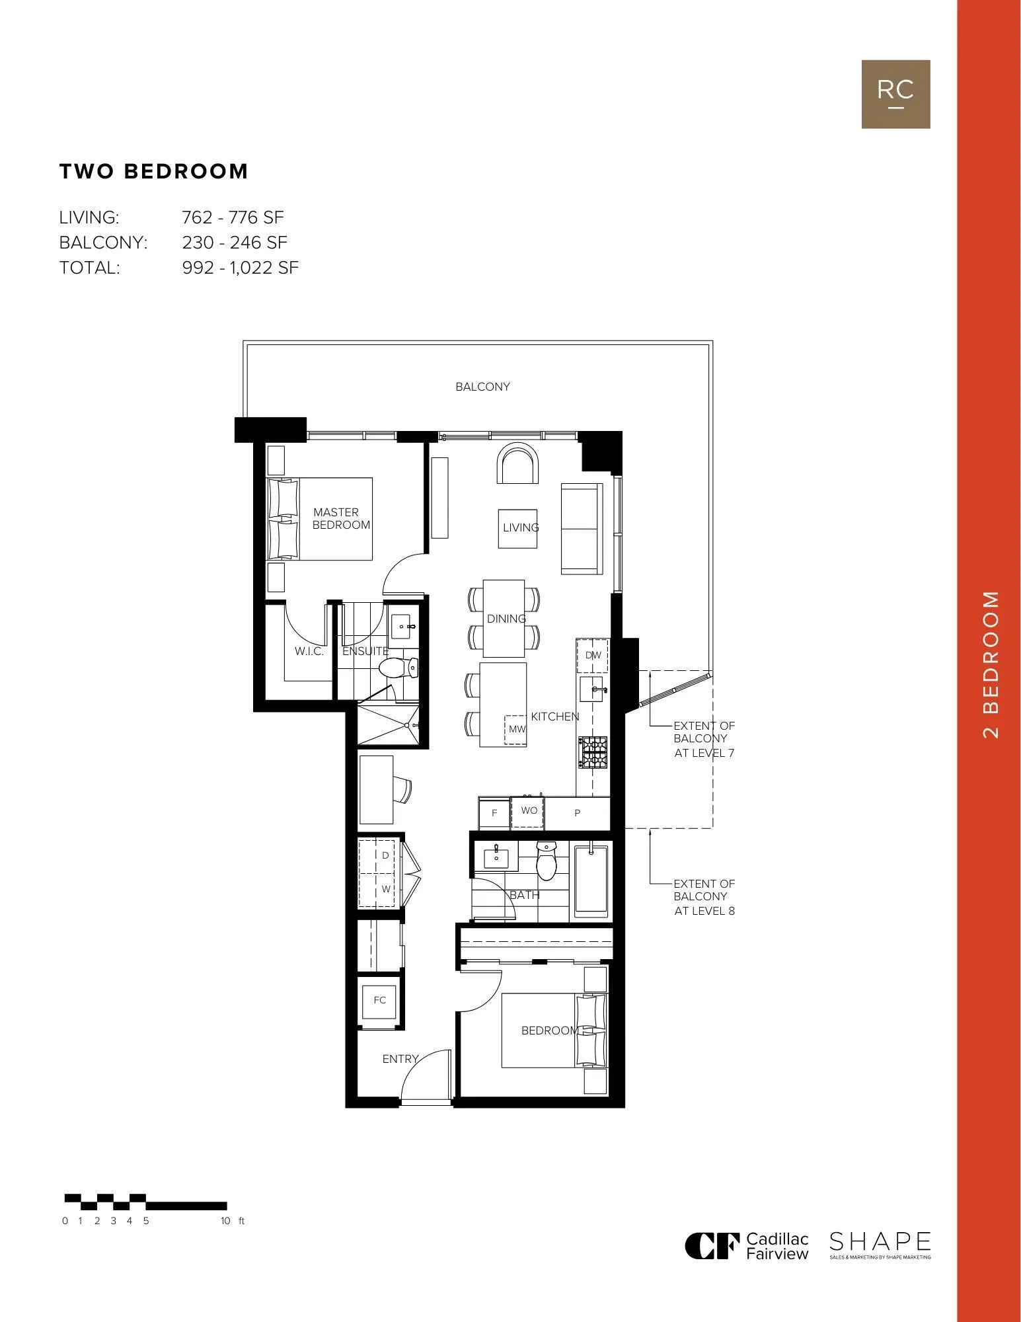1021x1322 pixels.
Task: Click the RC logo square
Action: pyautogui.click(x=895, y=94)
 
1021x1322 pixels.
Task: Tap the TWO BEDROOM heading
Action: pyautogui.click(x=154, y=171)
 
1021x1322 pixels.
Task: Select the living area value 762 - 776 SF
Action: pyautogui.click(x=233, y=217)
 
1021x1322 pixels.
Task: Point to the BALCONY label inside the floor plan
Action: pyautogui.click(x=482, y=387)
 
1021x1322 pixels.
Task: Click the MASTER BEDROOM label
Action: pyautogui.click(x=341, y=518)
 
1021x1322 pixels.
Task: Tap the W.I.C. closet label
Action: pyautogui.click(x=309, y=651)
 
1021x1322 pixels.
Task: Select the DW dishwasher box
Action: pyautogui.click(x=593, y=656)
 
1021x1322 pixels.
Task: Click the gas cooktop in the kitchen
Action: pyautogui.click(x=593, y=752)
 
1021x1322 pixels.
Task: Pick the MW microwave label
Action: pyautogui.click(x=517, y=729)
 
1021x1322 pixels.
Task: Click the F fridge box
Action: pyautogui.click(x=494, y=813)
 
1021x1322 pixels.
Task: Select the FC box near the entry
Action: pyautogui.click(x=379, y=1000)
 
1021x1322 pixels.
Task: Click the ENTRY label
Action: pyautogui.click(x=400, y=1059)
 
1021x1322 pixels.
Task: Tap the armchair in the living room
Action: pyautogui.click(x=519, y=464)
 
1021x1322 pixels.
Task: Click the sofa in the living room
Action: pyautogui.click(x=582, y=528)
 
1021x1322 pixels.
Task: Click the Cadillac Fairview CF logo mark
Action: pyautogui.click(x=712, y=1246)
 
